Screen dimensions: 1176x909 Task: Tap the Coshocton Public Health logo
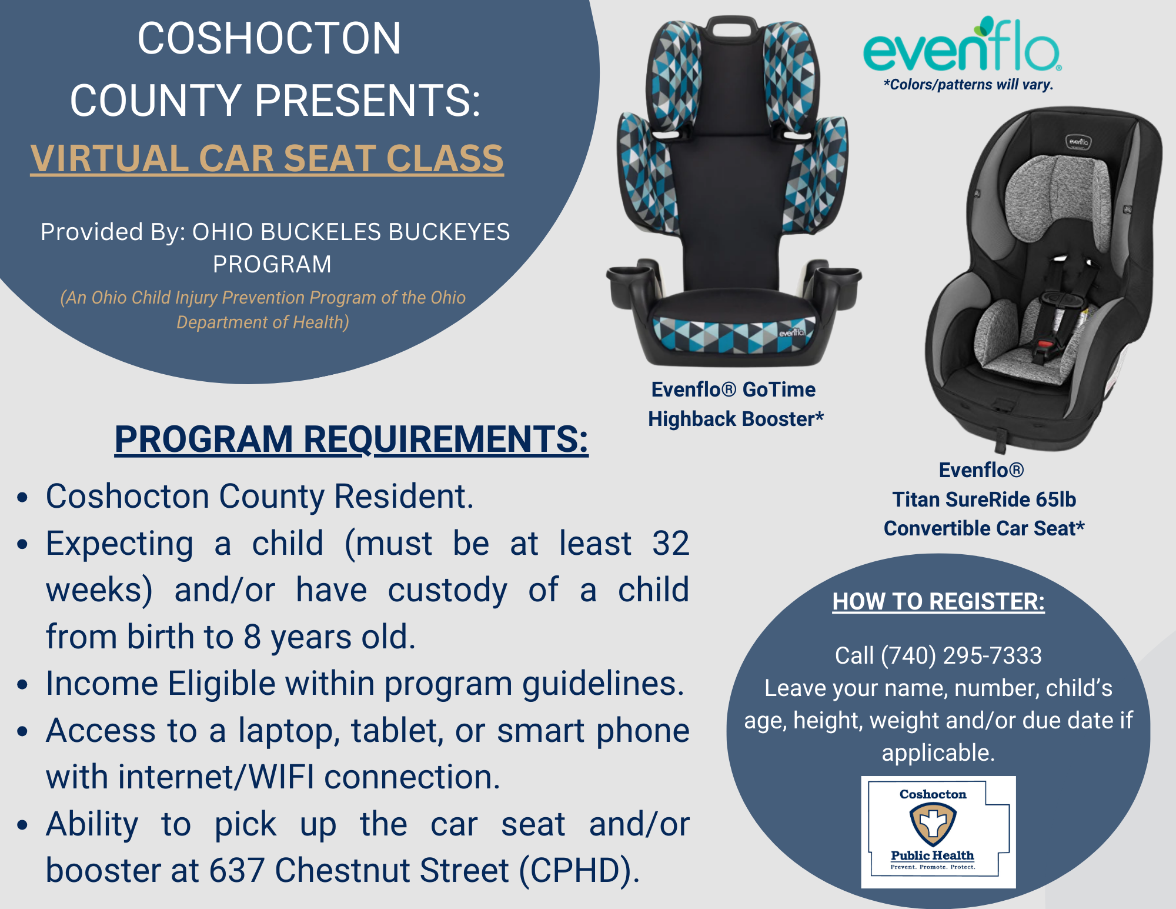click(938, 831)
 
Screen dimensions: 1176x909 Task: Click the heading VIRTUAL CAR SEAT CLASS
click(267, 159)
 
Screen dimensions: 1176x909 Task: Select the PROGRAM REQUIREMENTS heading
click(351, 439)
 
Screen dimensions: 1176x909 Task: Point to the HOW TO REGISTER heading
click(938, 601)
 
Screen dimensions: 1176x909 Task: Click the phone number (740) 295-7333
click(961, 655)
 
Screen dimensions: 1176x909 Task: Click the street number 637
click(236, 870)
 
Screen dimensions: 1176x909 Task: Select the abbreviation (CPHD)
click(579, 871)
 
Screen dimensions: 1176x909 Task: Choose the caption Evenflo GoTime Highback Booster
click(735, 404)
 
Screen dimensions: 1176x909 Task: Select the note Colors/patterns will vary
click(968, 85)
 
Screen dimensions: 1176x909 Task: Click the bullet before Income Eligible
click(23, 685)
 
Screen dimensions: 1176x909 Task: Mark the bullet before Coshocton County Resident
click(23, 498)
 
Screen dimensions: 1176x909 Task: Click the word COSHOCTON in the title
click(269, 39)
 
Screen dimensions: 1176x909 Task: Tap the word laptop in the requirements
click(289, 732)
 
